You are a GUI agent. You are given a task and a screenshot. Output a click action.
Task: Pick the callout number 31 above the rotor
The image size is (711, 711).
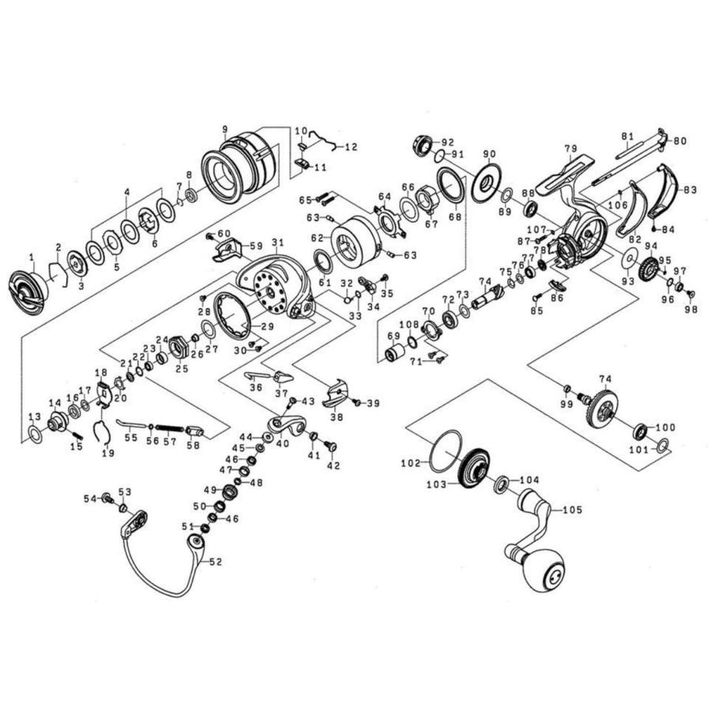(x=276, y=242)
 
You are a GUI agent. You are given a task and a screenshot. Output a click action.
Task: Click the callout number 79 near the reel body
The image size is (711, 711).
(x=571, y=149)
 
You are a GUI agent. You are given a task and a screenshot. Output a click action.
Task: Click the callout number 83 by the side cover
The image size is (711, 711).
(x=690, y=190)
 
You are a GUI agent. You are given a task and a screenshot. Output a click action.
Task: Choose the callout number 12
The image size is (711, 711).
(x=351, y=147)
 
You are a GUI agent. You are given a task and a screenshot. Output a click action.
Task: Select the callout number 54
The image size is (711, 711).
(x=90, y=498)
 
